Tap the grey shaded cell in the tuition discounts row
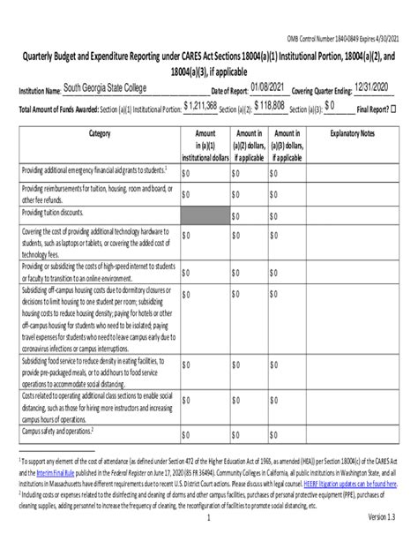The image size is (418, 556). [205, 215]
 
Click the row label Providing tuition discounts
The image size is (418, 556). [55, 214]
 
